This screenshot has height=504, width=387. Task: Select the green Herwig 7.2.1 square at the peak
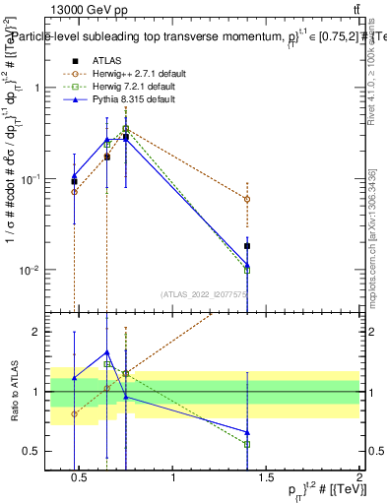click(x=126, y=128)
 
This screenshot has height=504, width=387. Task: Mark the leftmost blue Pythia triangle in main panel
click(x=74, y=176)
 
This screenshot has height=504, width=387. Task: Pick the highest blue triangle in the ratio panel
click(x=107, y=351)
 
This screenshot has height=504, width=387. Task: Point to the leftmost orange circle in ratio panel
click(x=74, y=413)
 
